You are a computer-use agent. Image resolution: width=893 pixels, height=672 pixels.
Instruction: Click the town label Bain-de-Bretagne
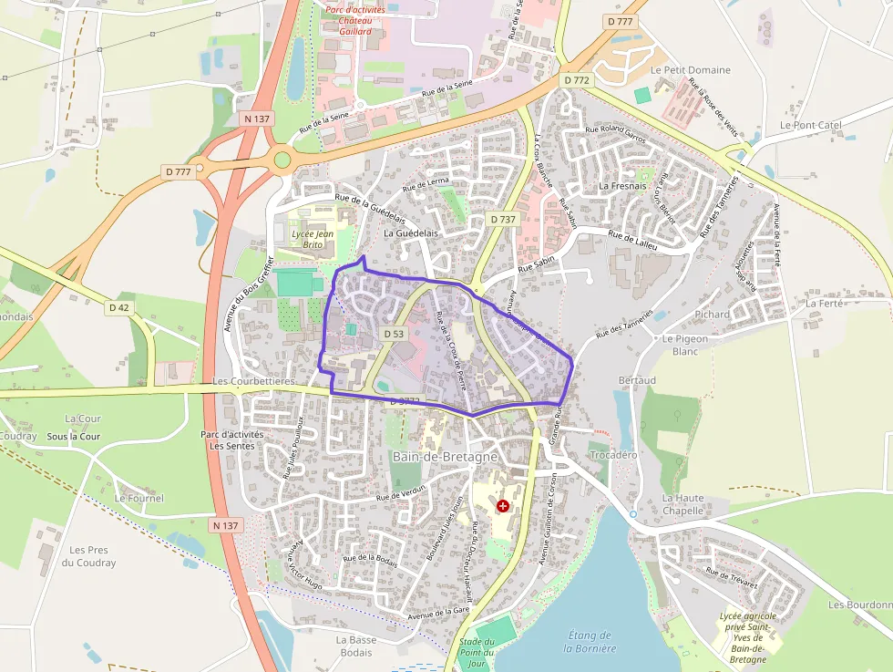tap(445, 456)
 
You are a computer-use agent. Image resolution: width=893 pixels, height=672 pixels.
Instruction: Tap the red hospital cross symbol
tap(503, 505)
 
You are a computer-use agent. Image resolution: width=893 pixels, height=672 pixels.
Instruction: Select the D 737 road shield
tap(502, 220)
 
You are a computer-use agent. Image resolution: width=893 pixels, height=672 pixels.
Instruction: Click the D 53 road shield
tap(394, 335)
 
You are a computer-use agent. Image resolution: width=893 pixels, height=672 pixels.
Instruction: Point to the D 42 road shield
tap(119, 308)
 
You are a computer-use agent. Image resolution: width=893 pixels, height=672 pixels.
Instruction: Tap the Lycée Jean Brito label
tap(312, 239)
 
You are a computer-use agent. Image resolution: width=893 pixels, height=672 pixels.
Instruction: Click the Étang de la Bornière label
tap(590, 642)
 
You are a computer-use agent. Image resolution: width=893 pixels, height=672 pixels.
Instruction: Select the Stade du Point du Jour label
tap(477, 654)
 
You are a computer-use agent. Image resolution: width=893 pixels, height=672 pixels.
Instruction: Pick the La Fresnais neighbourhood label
tap(622, 186)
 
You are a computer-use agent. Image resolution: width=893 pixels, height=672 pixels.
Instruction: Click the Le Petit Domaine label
tap(690, 70)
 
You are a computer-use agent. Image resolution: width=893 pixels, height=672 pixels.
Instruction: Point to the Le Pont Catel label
tap(810, 125)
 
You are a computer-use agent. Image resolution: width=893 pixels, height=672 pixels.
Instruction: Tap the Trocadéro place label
tap(614, 454)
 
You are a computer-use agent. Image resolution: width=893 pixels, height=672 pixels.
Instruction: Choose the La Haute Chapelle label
tap(683, 504)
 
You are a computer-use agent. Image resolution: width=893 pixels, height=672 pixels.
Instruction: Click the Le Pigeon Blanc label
tap(684, 345)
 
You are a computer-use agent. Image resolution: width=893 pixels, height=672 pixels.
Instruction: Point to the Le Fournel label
tap(139, 499)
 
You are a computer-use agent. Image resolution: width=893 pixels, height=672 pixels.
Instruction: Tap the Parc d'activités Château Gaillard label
tap(354, 20)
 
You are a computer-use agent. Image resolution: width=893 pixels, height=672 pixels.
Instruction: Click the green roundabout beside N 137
tap(282, 160)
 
